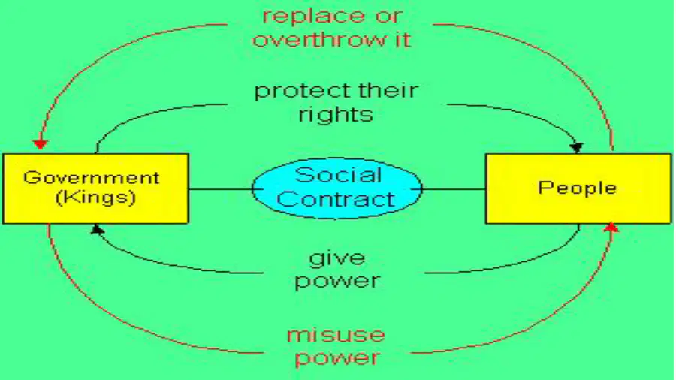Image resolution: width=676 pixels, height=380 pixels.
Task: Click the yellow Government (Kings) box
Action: click(x=95, y=188)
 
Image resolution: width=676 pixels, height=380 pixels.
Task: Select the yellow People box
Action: click(x=578, y=188)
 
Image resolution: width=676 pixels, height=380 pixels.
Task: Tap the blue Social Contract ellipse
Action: click(x=337, y=188)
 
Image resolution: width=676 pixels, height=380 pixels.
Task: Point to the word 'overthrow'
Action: click(x=318, y=40)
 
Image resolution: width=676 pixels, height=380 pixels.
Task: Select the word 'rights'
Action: click(x=336, y=115)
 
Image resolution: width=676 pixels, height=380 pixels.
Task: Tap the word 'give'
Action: click(x=337, y=258)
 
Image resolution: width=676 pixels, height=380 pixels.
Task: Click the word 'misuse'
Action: click(x=336, y=335)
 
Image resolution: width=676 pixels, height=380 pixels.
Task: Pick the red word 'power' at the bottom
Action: click(x=337, y=358)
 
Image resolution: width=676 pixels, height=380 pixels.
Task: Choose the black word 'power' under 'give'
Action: click(x=337, y=282)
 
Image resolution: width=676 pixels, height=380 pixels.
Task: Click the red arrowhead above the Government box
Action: click(x=41, y=144)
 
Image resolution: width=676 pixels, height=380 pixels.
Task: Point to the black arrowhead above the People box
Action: click(x=576, y=148)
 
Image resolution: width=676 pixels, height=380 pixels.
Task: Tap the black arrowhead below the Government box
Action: click(x=98, y=229)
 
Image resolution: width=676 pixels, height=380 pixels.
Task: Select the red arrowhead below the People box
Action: click(x=611, y=228)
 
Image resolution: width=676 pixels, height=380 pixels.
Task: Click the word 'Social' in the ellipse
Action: click(x=339, y=175)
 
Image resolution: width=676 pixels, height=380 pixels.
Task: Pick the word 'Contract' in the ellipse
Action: click(x=336, y=199)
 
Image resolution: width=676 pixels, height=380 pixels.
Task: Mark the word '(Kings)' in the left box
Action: click(x=95, y=197)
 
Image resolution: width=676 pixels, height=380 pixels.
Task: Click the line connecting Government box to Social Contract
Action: click(x=221, y=189)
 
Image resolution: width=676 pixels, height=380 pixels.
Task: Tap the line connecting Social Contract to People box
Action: click(x=454, y=189)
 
